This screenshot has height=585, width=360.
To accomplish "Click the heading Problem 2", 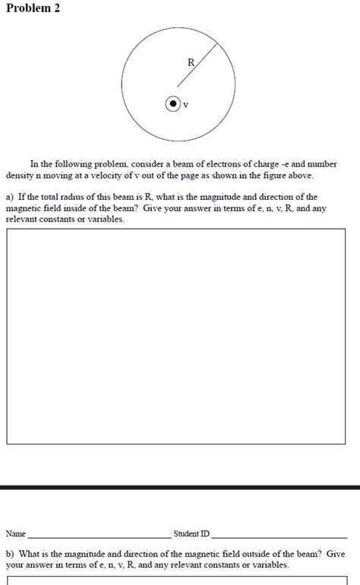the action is tap(33, 8).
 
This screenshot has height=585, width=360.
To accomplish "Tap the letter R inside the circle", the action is tap(191, 63).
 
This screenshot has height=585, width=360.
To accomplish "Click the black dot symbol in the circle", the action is tap(173, 104).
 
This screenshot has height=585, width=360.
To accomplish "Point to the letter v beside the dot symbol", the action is tap(186, 106).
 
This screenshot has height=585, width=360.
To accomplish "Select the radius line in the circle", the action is tap(198, 65).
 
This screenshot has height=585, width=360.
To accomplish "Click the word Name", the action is tap(16, 534).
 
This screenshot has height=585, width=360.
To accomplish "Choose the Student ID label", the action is tap(191, 534).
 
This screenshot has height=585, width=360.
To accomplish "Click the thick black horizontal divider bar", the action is tap(180, 487).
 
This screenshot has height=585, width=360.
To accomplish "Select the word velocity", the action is tap(115, 175).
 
